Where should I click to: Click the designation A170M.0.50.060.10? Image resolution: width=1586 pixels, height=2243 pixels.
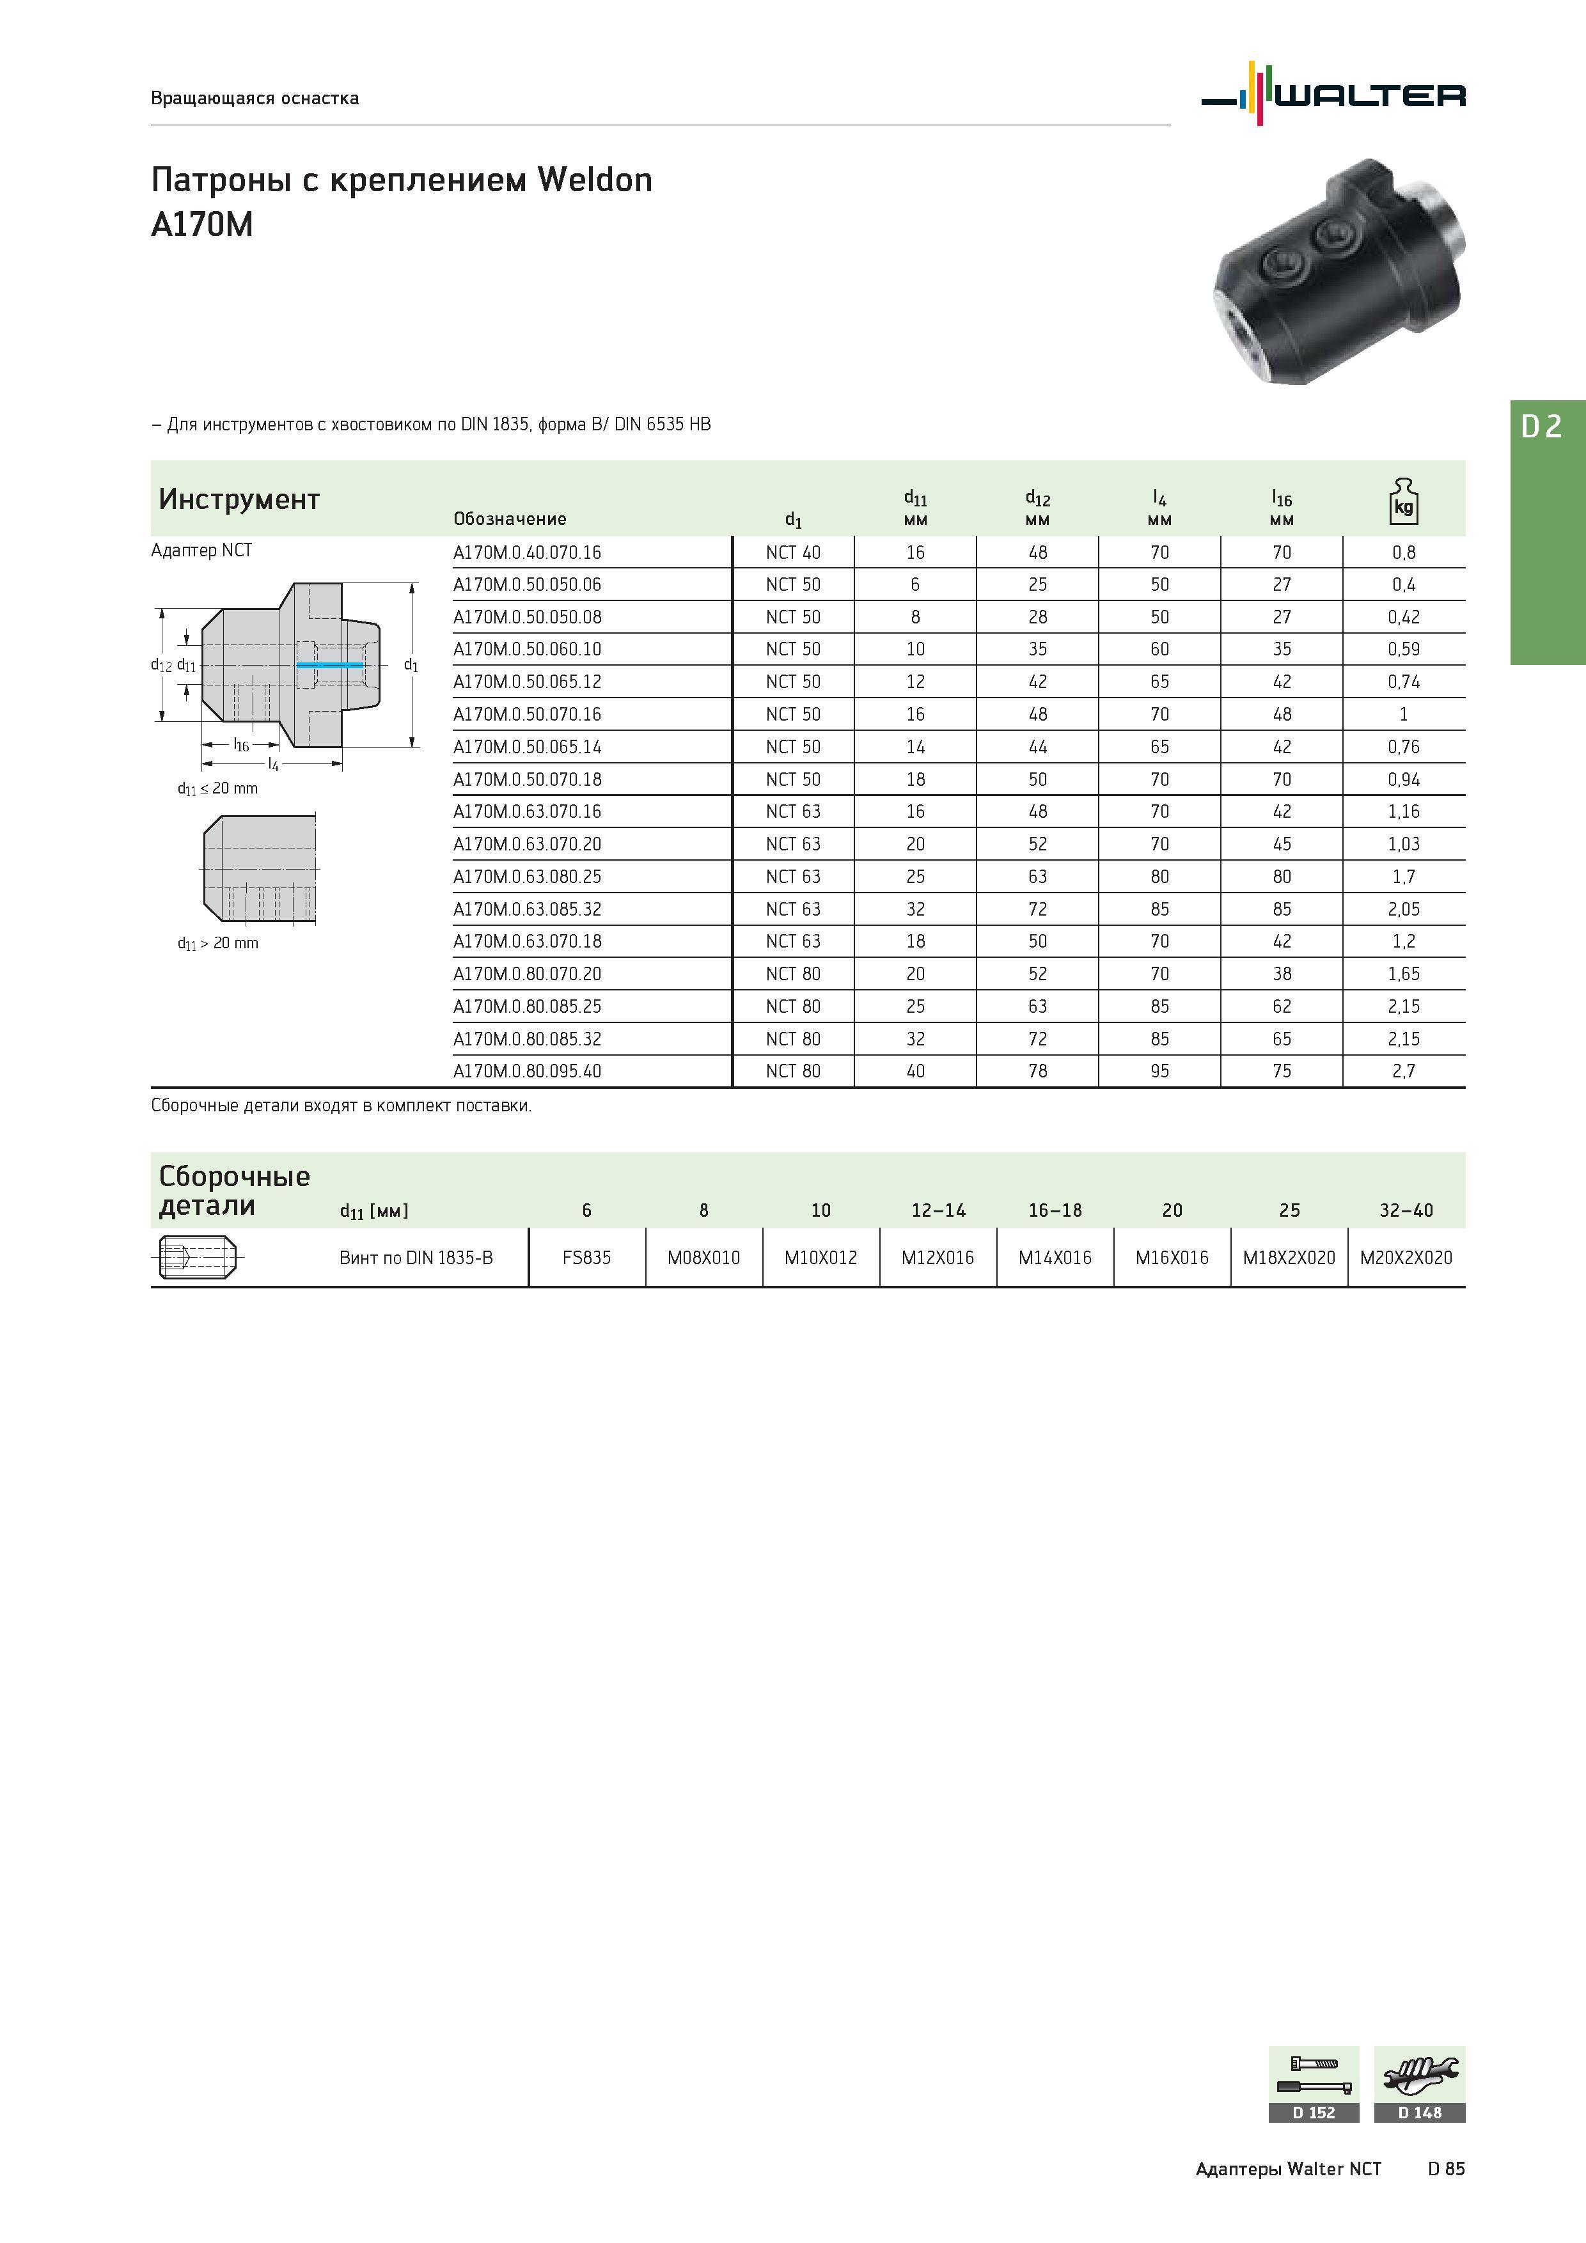pyautogui.click(x=527, y=650)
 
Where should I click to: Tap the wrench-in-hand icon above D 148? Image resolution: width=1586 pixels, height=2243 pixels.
pyautogui.click(x=1420, y=2075)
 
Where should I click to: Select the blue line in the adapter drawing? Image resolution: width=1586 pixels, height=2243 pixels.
pyautogui.click(x=329, y=665)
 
